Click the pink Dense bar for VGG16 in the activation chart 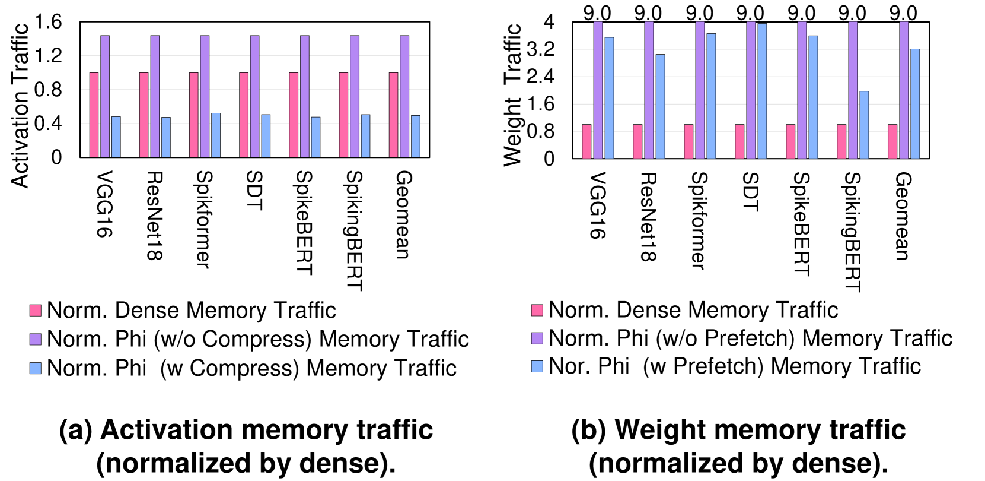(94, 115)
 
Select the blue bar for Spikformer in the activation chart (216, 135)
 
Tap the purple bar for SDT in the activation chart (255, 96)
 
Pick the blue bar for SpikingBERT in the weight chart (864, 125)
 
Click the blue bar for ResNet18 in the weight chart (660, 106)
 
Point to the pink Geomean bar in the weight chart (892, 141)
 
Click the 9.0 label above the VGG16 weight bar (597, 12)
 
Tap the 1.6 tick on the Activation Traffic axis (48, 22)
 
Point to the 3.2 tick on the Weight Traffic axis (540, 49)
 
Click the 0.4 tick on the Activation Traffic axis (48, 124)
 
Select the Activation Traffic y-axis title (20, 106)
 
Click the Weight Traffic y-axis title (512, 95)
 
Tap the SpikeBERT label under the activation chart (304, 223)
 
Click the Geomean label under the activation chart (404, 214)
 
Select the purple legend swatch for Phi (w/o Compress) (36, 339)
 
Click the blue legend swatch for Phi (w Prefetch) (537, 366)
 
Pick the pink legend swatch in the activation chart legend (36, 310)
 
